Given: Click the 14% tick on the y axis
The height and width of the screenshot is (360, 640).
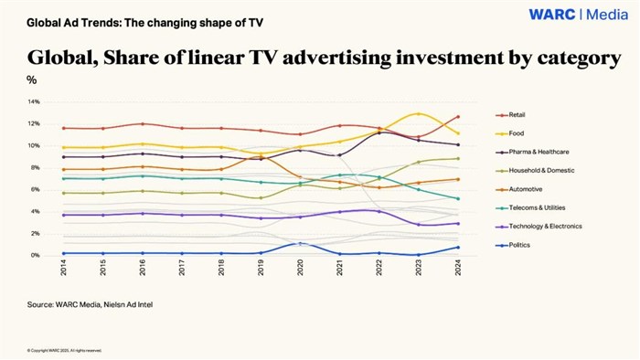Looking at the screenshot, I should (33, 101).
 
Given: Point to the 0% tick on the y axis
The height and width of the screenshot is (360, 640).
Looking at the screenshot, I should (35, 256).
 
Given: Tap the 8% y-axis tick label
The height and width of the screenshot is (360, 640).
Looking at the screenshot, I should (35, 168).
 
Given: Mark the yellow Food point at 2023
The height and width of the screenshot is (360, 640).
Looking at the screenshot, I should (419, 114).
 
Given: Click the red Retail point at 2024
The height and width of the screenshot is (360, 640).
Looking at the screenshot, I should (457, 117).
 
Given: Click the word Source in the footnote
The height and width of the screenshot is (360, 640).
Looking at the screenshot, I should (41, 303).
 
